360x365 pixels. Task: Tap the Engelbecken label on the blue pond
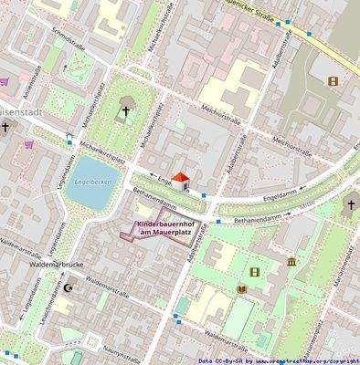(x=95, y=181)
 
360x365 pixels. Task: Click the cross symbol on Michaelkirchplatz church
(x=126, y=112)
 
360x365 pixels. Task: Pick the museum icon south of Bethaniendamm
(x=291, y=263)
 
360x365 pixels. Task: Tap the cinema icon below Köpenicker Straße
(x=332, y=81)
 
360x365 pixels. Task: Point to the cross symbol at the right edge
(x=350, y=205)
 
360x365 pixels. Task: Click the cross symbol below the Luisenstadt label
(x=6, y=129)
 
